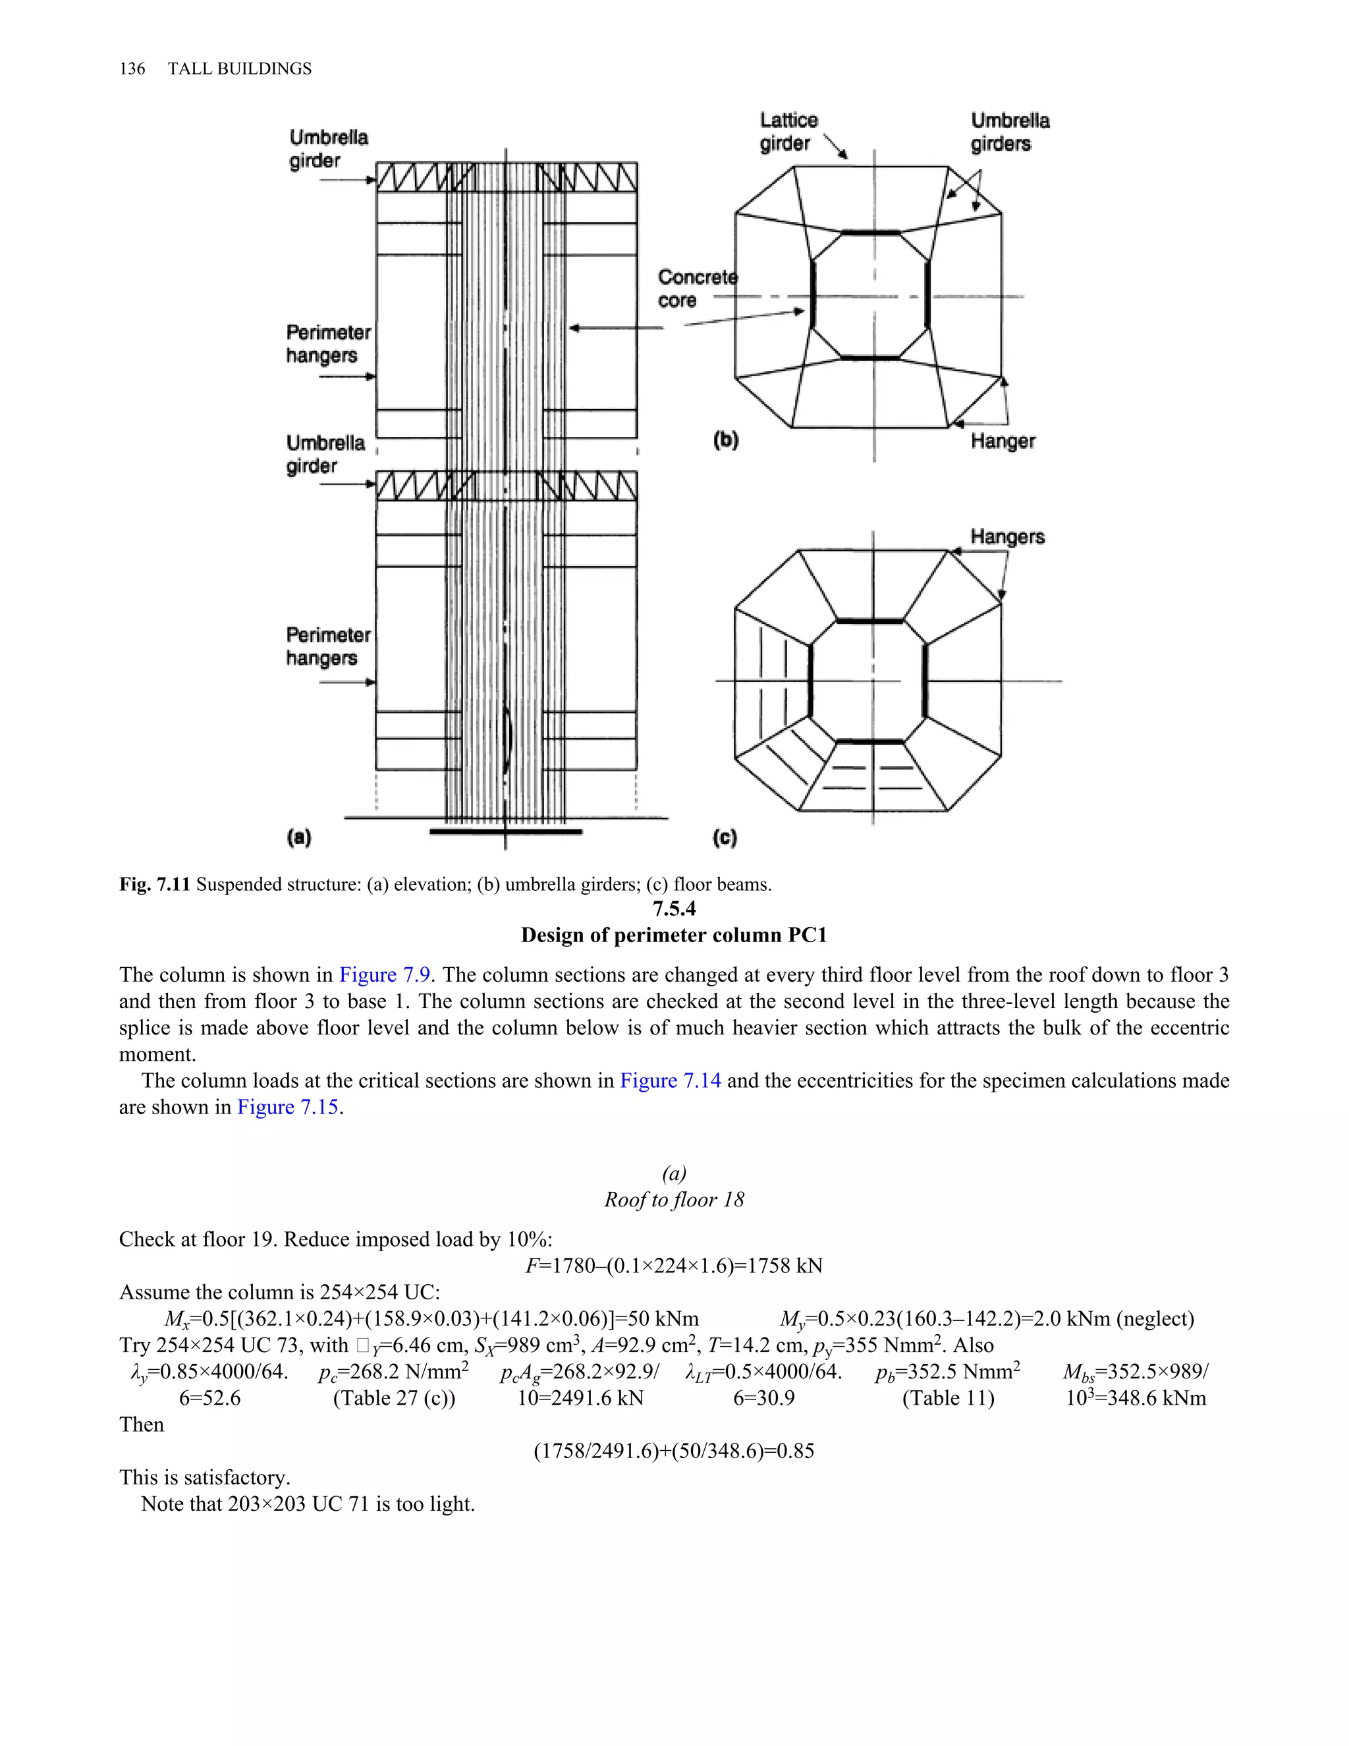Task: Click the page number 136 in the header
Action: [132, 69]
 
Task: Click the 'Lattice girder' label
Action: [788, 132]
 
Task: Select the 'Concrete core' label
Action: [697, 289]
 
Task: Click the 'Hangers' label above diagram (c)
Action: [1007, 537]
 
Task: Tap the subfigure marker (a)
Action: [299, 837]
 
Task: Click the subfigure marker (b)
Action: [726, 439]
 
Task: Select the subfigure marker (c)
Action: [724, 837]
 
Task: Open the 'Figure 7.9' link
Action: [385, 974]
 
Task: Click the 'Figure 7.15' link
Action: [288, 1108]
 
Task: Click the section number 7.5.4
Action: [674, 909]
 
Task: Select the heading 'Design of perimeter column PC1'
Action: [674, 936]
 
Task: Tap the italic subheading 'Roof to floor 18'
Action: [674, 1200]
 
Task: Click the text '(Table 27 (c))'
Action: [394, 1398]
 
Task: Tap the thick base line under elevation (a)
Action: [505, 832]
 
